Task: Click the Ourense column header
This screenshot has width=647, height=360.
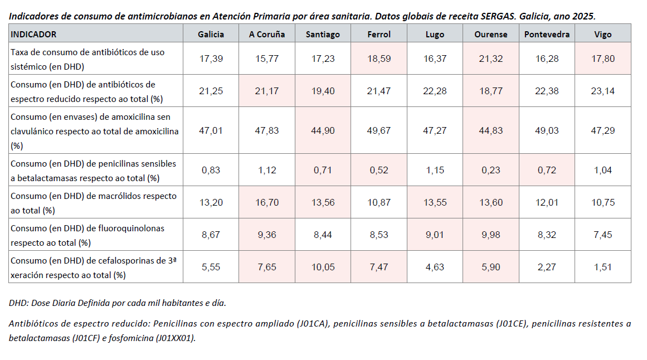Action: (490, 34)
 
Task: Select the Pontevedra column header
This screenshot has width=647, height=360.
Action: (547, 34)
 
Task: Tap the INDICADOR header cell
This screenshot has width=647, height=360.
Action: (34, 34)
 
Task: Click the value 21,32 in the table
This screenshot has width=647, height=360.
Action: (490, 59)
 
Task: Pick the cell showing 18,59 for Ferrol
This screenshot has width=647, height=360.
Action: (378, 59)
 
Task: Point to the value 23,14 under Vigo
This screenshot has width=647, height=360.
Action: (602, 91)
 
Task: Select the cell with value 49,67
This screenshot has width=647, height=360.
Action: (378, 130)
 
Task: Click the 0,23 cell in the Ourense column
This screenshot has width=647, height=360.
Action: (490, 171)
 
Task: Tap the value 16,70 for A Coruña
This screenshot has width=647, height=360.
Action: (266, 202)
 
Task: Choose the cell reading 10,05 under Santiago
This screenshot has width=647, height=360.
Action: (322, 267)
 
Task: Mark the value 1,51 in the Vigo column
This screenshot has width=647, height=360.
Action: (602, 267)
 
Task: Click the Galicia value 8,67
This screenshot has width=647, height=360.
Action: (211, 235)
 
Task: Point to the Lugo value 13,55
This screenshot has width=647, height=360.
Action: (435, 202)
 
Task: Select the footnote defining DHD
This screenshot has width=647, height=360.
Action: (118, 303)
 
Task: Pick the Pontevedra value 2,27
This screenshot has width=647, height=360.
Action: (547, 267)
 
